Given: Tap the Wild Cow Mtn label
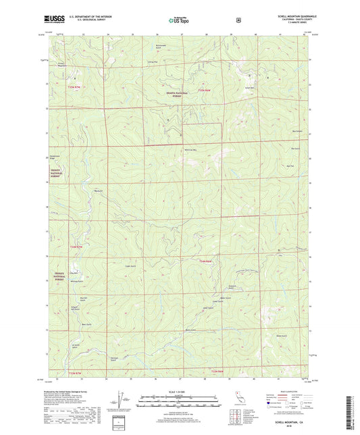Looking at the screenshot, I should pyautogui.click(x=190, y=150).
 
